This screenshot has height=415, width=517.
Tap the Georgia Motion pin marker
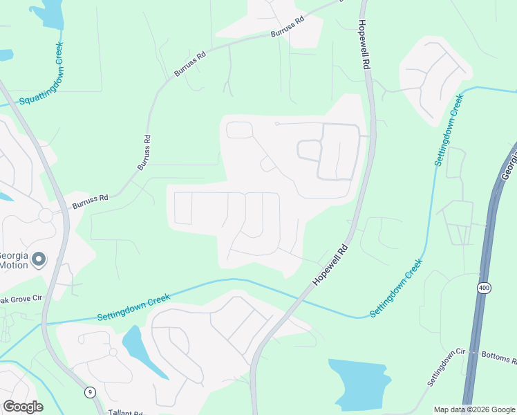39,259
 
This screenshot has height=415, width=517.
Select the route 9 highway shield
89,392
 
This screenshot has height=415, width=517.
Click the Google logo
23,406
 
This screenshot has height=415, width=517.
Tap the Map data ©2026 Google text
474,409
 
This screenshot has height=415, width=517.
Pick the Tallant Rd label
126,413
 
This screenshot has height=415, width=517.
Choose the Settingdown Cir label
446,367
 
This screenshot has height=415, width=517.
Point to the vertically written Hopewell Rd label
364,44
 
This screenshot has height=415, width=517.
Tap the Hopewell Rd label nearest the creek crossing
329,266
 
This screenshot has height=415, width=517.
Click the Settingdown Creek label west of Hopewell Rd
133,308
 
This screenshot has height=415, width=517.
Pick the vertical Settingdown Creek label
448,128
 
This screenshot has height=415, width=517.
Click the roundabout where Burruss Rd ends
46,216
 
